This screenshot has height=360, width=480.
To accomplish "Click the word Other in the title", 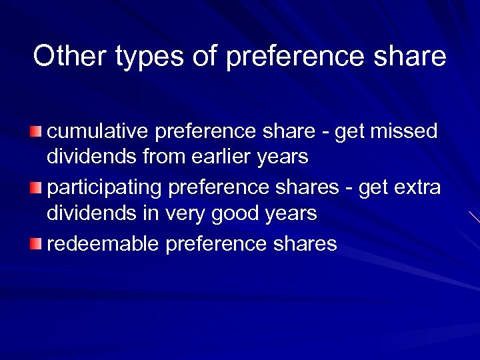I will tap(70, 56).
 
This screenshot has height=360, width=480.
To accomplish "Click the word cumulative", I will tap(98, 131).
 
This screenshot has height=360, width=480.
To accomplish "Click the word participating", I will tap(105, 189).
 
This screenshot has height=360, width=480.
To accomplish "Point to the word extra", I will tap(417, 187).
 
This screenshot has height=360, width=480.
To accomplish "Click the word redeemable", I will tap(103, 244).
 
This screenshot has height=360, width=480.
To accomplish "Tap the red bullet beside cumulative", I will tap(35, 129).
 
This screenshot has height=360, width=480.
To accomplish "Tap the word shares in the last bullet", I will tap(305, 244).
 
